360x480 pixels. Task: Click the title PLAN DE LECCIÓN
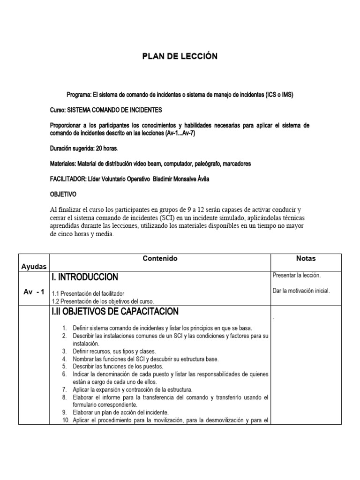click(x=180, y=56)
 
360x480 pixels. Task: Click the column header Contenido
click(x=160, y=258)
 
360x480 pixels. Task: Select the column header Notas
click(x=306, y=258)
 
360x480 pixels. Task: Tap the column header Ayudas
click(x=34, y=266)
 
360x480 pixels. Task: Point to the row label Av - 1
click(x=34, y=292)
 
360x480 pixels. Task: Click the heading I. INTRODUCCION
click(x=85, y=277)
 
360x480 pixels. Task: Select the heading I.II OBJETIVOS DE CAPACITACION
click(x=115, y=311)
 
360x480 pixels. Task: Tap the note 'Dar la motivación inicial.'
click(x=301, y=291)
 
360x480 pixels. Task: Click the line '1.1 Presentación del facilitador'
click(x=88, y=293)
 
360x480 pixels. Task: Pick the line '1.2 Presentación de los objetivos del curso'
click(x=103, y=301)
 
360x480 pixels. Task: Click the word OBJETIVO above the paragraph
click(x=63, y=194)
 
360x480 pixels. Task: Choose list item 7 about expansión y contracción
click(x=133, y=390)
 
